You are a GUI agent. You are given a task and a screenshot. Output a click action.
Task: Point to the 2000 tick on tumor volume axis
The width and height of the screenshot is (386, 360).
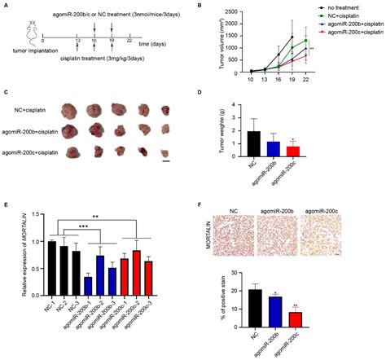click(x=236, y=12)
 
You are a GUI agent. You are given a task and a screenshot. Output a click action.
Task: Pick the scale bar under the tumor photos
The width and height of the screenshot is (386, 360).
click(x=166, y=160)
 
